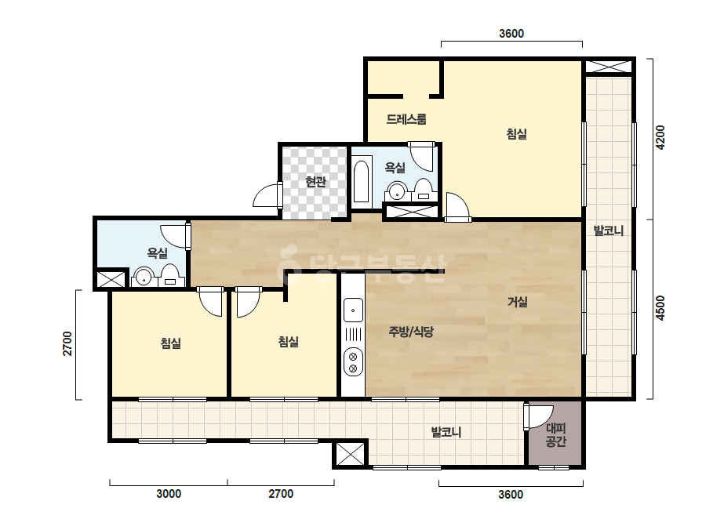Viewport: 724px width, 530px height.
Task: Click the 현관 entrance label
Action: (x=316, y=181)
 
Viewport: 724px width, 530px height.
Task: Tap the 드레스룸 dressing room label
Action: (x=406, y=119)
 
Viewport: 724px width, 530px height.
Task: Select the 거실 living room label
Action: (x=517, y=302)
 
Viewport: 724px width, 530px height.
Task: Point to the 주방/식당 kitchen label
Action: (x=411, y=332)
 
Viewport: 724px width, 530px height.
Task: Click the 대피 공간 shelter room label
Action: (x=555, y=435)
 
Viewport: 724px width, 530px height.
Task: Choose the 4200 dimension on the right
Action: (x=660, y=137)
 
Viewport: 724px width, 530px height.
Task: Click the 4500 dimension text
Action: (x=660, y=308)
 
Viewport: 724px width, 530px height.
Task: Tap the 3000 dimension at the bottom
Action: (x=169, y=494)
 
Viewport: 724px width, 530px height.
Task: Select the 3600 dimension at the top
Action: (x=511, y=33)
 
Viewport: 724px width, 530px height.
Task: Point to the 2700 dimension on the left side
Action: (x=67, y=343)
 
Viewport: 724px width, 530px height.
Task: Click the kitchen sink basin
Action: (x=353, y=310)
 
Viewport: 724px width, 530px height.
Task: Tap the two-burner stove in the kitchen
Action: (x=353, y=362)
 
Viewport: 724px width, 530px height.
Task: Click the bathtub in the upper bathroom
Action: (x=362, y=182)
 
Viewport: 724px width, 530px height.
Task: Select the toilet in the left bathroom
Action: (x=170, y=276)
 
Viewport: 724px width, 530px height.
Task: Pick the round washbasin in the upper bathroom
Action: (x=395, y=191)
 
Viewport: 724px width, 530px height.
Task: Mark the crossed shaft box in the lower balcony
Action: (x=350, y=454)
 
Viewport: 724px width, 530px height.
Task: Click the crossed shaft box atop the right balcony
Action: (x=609, y=66)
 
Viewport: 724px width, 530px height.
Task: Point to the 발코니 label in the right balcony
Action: (x=609, y=231)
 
